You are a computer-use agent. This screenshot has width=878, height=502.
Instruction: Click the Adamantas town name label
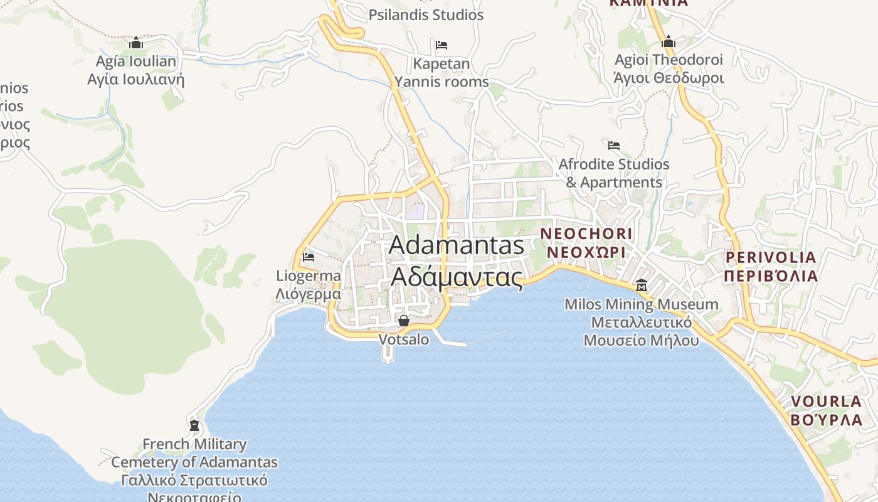pos(457,260)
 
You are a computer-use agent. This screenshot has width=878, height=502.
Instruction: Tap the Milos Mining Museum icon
pos(642,286)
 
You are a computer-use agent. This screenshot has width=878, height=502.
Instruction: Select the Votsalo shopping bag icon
pos(404,321)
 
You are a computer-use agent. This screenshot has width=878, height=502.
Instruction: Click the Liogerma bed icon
pos(308,257)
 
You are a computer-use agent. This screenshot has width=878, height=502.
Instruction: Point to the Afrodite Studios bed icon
pos(614,146)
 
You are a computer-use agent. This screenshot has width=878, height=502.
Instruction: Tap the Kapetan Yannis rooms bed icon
pos(442,45)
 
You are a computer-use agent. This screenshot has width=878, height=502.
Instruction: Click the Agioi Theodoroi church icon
pos(669,42)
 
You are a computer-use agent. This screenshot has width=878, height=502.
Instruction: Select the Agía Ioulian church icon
pos(136,43)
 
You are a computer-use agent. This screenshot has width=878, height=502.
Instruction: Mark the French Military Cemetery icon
pos(194,425)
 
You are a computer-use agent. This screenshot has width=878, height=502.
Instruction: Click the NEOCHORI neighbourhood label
pos(586,243)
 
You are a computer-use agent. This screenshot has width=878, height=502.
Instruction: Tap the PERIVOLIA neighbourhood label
pos(771,267)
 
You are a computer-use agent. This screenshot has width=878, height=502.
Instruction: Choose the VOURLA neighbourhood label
pos(827,410)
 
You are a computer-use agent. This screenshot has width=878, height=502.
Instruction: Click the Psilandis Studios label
pos(426,14)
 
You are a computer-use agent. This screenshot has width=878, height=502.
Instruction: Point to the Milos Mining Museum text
pos(641,323)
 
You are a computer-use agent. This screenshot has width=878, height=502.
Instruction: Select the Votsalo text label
pos(404,339)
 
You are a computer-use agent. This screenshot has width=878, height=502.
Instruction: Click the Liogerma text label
pos(309,285)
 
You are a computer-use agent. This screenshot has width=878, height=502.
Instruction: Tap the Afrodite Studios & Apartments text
pos(614,173)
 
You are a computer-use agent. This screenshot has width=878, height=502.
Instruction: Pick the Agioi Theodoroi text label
pos(669,69)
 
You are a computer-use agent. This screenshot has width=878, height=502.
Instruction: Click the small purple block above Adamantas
pos(415,211)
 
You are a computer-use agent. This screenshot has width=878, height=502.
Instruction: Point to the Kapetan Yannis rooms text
pos(442,73)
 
